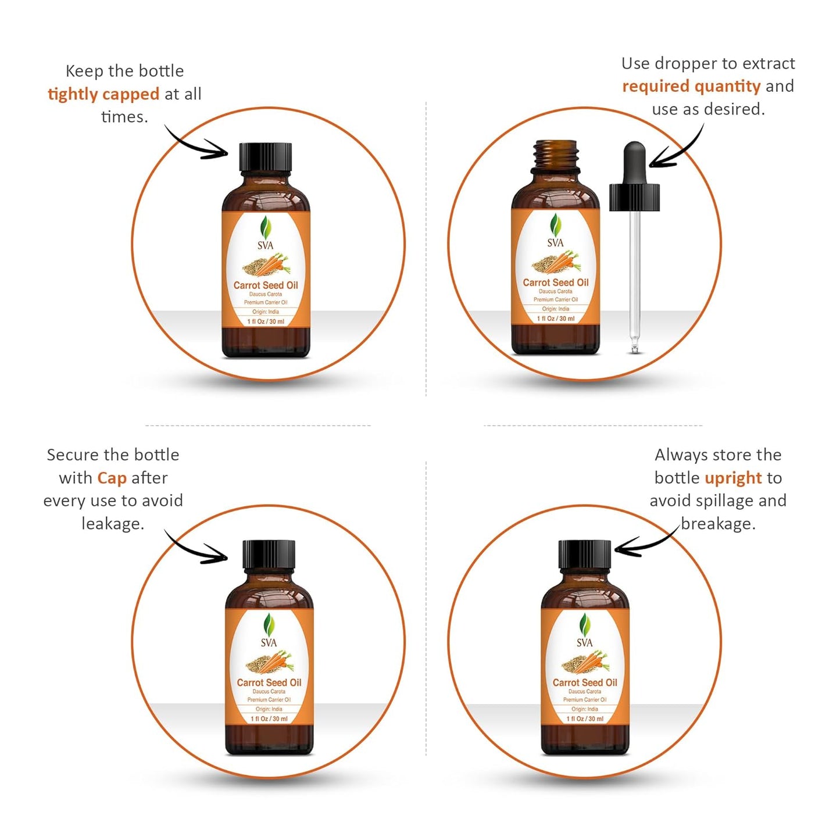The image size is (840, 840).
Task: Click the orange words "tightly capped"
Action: pos(103,94)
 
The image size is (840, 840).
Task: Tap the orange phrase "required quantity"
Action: pos(691,86)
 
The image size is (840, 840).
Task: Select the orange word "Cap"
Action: pos(112,478)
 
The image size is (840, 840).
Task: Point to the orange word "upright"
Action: pos(732,478)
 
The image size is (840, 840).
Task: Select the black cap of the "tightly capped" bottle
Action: pos(265,157)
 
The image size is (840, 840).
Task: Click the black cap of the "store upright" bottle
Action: pos(585,555)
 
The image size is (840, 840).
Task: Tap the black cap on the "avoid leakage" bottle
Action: pos(269,555)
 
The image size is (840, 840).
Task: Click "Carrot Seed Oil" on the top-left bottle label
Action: pos(266,285)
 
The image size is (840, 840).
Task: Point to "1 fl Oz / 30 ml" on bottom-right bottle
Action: pos(585,719)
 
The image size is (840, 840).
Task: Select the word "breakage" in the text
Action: pos(718,524)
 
